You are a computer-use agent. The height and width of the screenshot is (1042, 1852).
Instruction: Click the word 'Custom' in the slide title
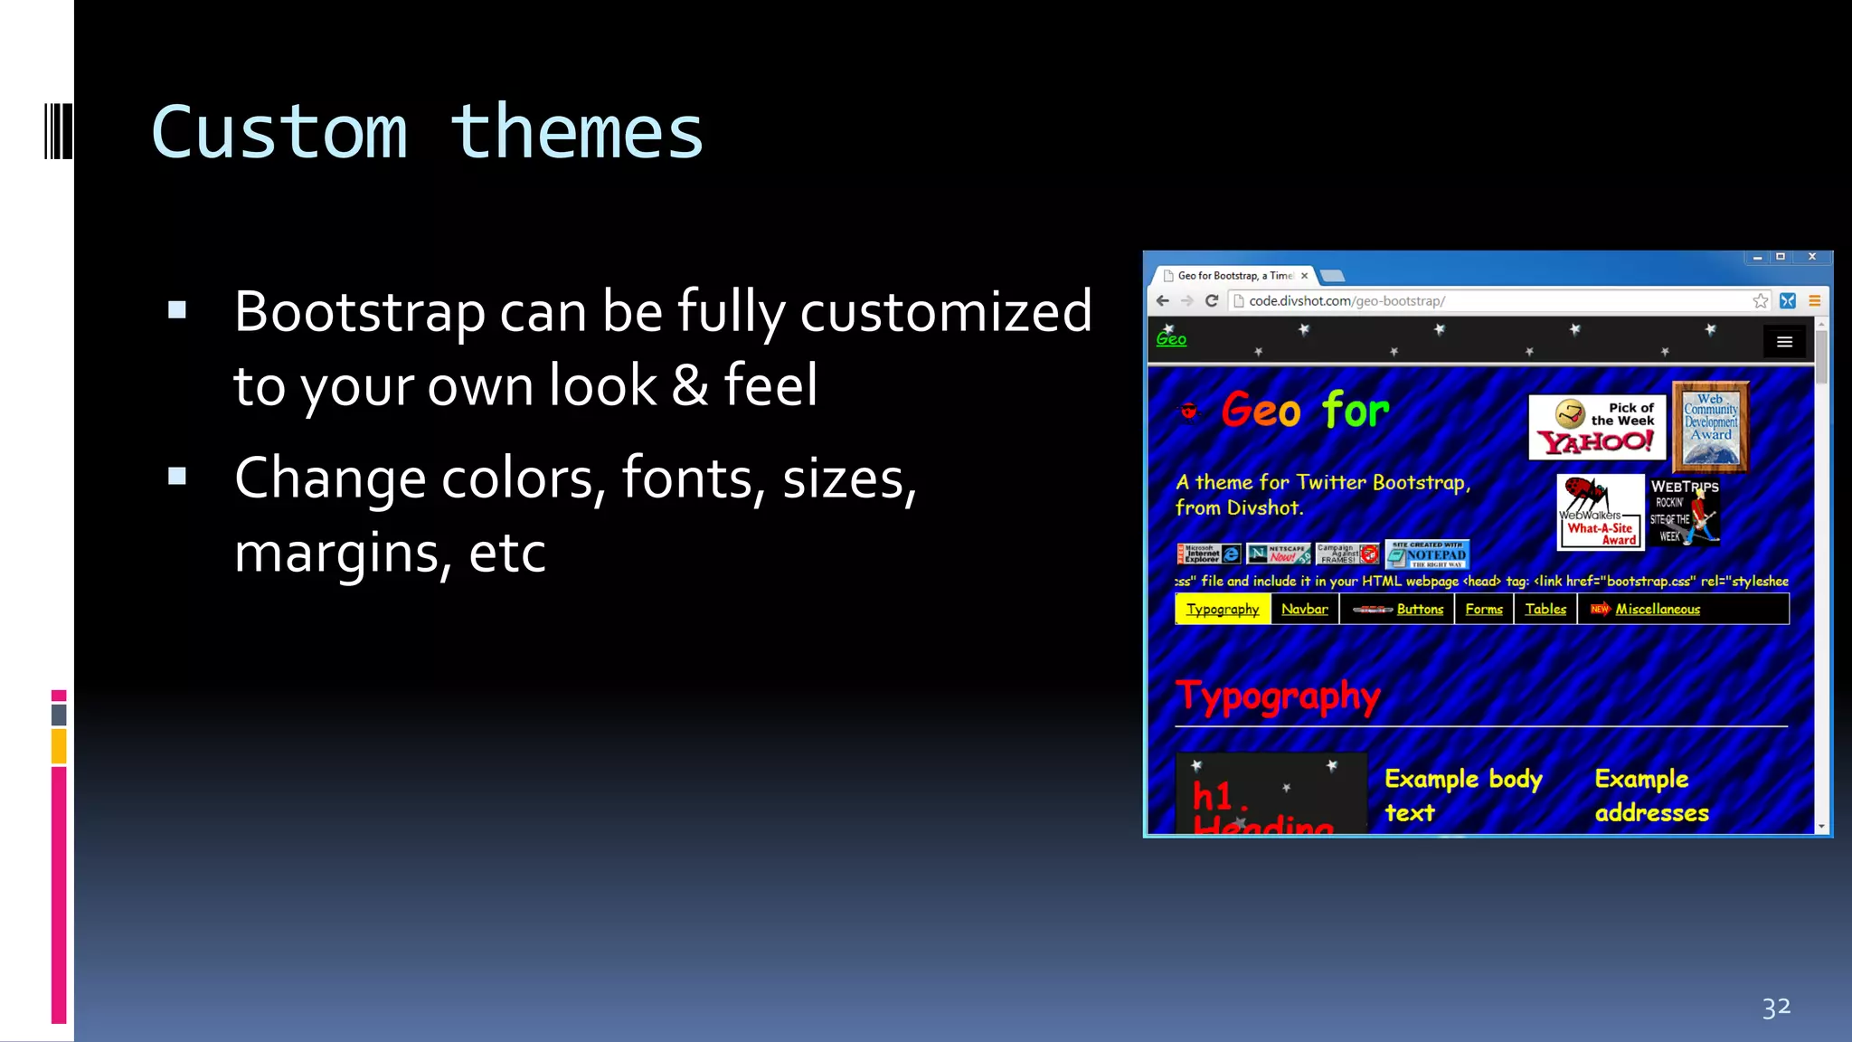tap(279, 133)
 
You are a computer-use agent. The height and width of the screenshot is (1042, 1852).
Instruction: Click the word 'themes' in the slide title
tap(576, 133)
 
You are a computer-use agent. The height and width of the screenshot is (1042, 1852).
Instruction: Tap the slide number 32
tap(1776, 1007)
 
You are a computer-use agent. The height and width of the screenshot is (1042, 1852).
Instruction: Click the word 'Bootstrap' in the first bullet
tap(360, 312)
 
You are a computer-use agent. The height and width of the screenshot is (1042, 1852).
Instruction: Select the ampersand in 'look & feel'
tap(690, 385)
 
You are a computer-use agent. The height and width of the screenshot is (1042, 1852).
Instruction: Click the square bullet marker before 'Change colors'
tap(177, 477)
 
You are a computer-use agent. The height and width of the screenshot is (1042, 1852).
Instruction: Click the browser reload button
tap(1212, 301)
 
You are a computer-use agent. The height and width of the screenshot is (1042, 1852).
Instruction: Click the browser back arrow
tap(1163, 301)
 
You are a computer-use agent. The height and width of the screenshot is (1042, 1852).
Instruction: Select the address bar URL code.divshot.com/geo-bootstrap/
tap(1346, 301)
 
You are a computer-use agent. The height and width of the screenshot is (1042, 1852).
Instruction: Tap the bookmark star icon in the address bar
tap(1760, 301)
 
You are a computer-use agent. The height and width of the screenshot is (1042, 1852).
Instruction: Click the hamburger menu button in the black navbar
tap(1784, 342)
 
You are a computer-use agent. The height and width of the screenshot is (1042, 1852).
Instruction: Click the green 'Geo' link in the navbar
tap(1171, 339)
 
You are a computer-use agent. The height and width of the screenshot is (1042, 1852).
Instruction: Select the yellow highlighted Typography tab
tap(1223, 609)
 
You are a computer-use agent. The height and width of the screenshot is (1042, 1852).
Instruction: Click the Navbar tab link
tap(1304, 609)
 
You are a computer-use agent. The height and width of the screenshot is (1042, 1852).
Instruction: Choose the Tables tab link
tap(1545, 609)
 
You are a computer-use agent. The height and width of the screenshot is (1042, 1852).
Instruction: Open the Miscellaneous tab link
tap(1657, 609)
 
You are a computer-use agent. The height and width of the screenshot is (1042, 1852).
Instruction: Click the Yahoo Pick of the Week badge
tap(1597, 427)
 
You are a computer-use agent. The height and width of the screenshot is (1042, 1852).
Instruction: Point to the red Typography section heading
tap(1278, 696)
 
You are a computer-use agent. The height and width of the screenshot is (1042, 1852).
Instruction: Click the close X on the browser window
tap(1812, 257)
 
